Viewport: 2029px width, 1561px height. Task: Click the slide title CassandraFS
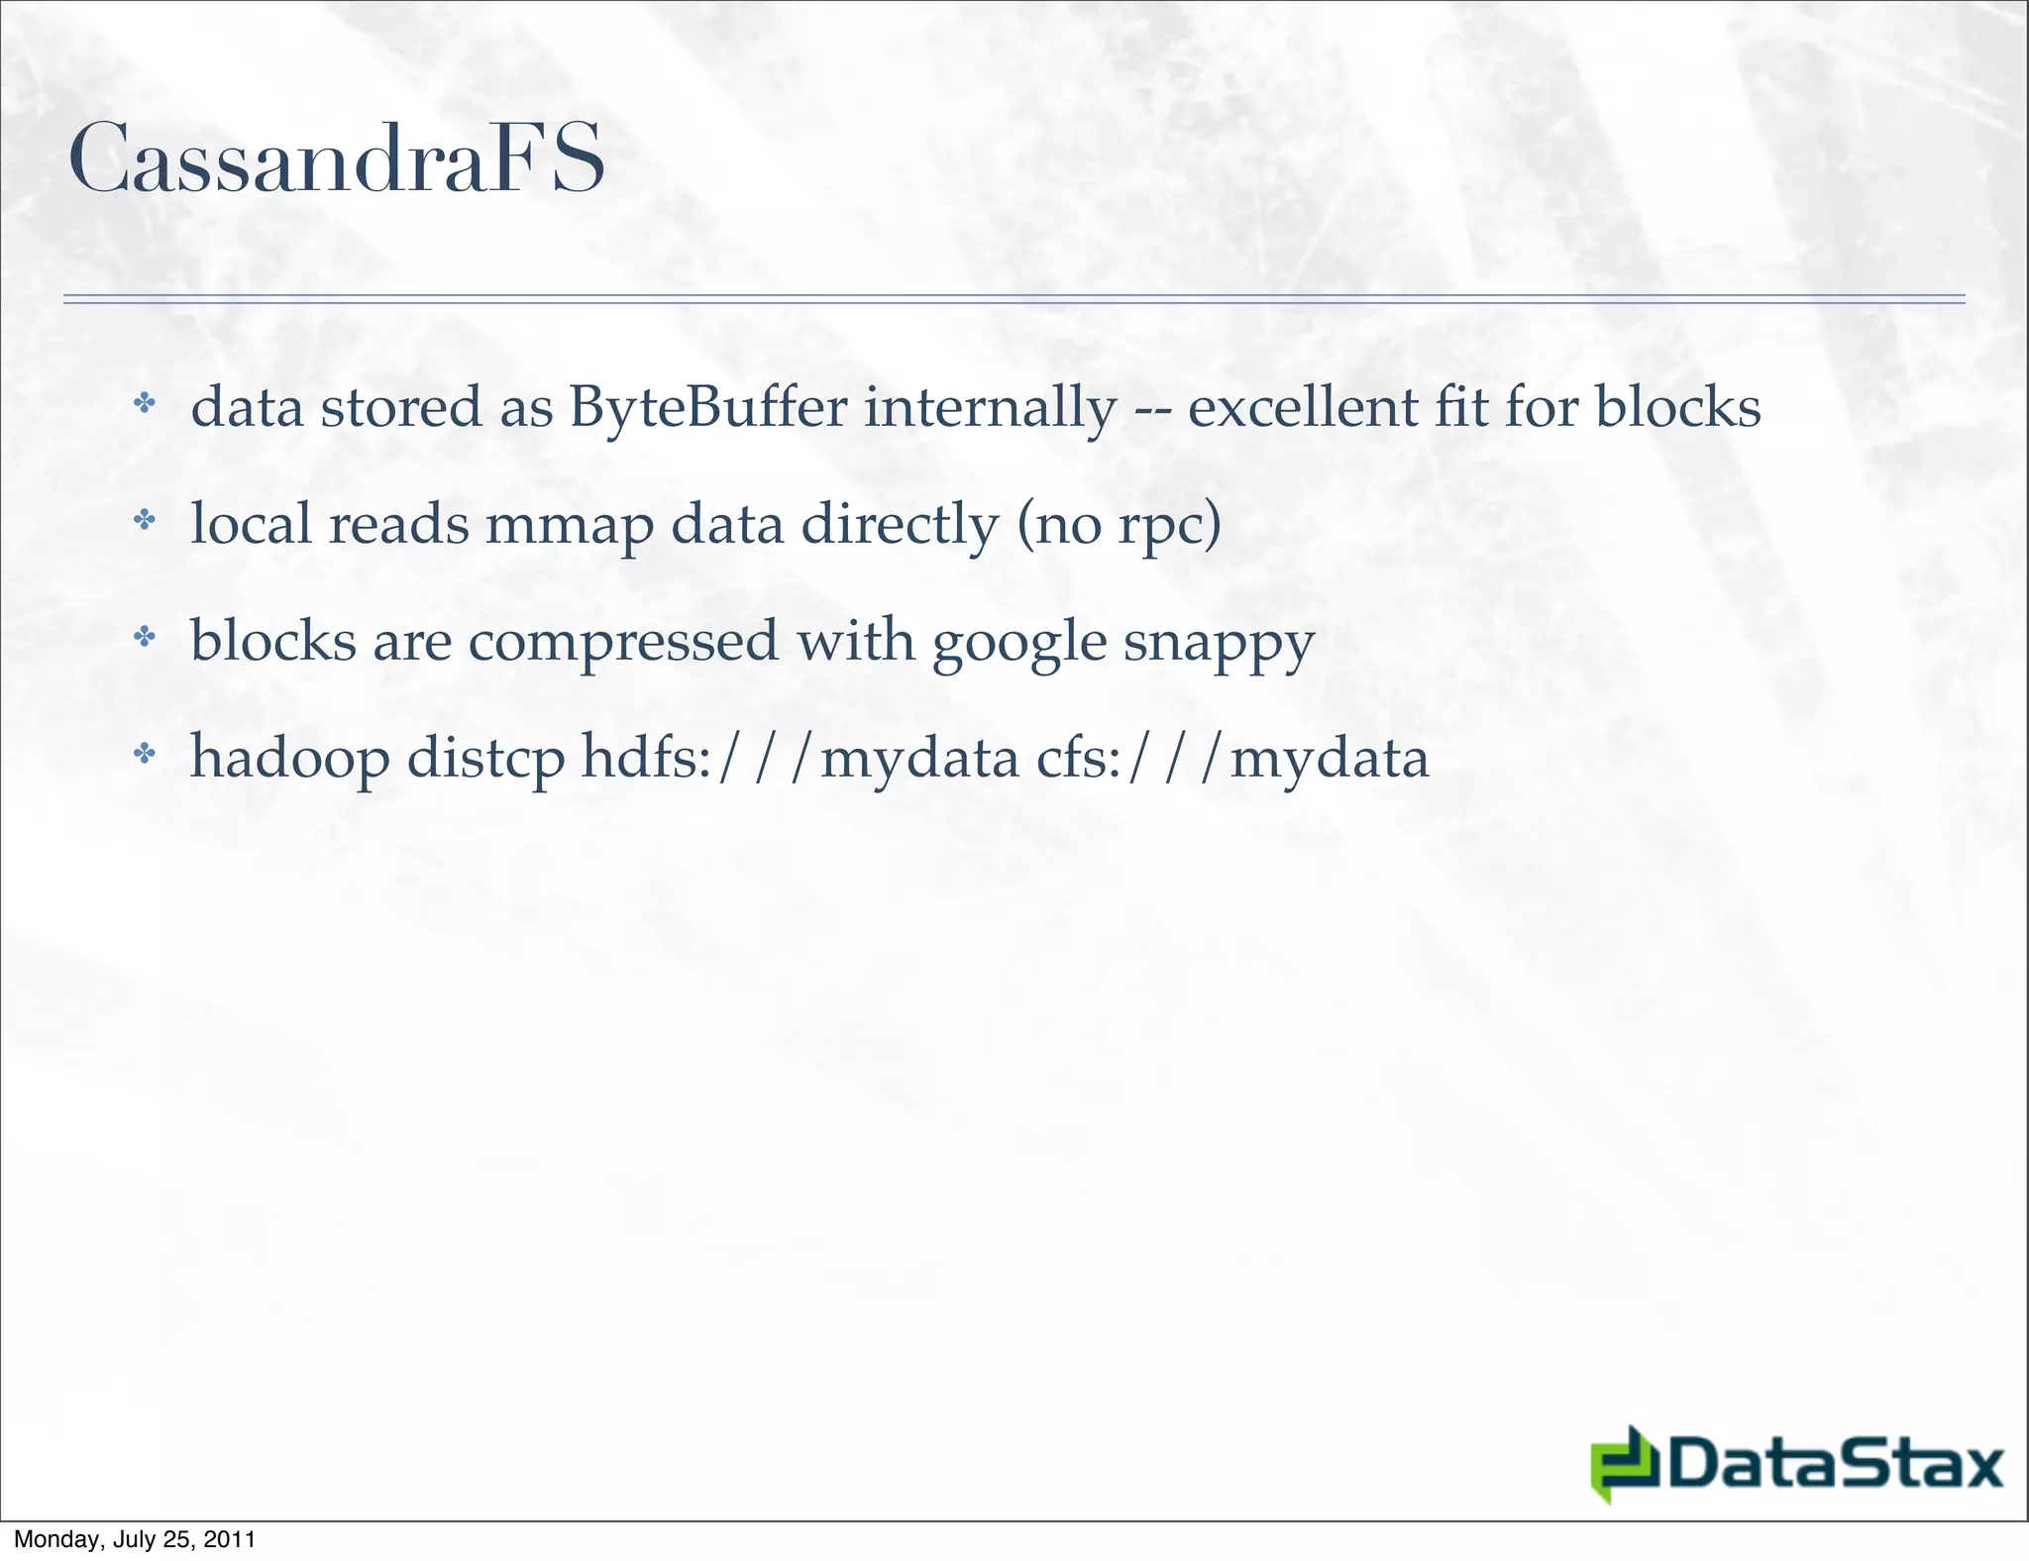click(x=336, y=158)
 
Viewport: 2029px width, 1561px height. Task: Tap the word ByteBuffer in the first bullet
click(x=708, y=407)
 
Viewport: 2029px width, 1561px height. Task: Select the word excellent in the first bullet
click(x=1303, y=407)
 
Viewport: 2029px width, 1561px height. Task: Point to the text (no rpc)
click(x=1120, y=525)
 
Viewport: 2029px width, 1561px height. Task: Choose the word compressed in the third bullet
click(x=623, y=641)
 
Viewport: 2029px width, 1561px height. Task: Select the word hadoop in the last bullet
click(x=289, y=758)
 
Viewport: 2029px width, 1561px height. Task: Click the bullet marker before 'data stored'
click(x=145, y=403)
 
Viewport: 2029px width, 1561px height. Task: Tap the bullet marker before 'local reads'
click(x=145, y=519)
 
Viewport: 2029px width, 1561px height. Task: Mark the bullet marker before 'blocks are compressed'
click(x=145, y=636)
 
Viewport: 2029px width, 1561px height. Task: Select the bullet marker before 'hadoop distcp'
click(x=145, y=754)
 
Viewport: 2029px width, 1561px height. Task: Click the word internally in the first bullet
click(x=990, y=407)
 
